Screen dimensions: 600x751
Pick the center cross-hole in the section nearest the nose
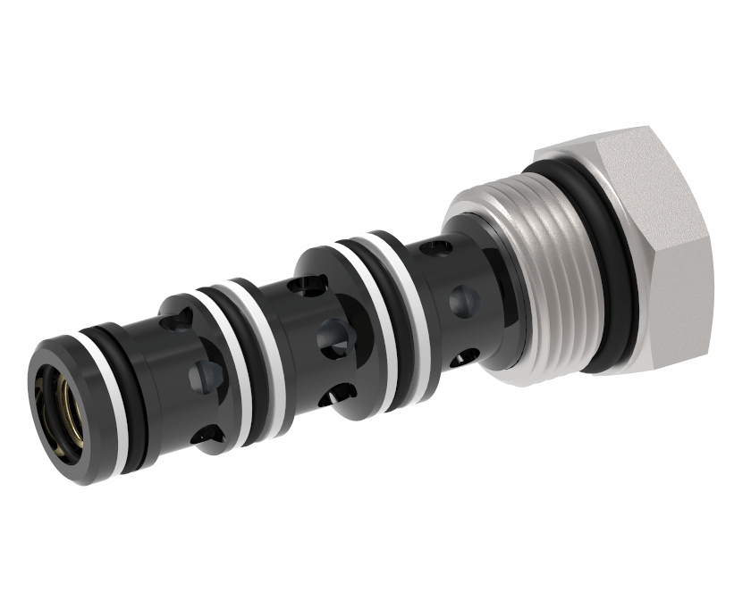pyautogui.click(x=204, y=372)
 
